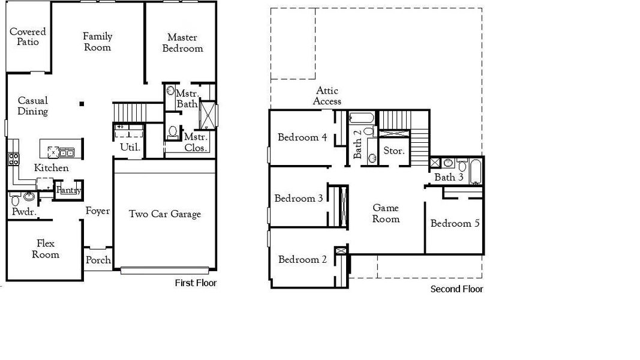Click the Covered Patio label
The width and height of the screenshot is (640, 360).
[x=28, y=37]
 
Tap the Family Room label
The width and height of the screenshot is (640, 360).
[x=97, y=42]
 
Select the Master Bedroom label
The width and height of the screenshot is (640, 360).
[x=182, y=43]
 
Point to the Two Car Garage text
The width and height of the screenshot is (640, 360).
[x=165, y=214]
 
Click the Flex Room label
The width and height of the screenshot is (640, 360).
[x=46, y=249]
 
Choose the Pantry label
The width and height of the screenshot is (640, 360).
[x=68, y=191]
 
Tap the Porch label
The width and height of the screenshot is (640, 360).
[x=98, y=260]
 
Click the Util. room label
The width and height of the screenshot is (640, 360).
[x=130, y=147]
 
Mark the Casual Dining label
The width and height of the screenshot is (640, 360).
[x=32, y=106]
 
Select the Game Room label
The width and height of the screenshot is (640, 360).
[x=386, y=214]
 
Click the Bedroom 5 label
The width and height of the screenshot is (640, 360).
[x=455, y=224]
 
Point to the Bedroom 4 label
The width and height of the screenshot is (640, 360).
[x=302, y=137]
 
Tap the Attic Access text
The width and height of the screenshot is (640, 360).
[x=327, y=96]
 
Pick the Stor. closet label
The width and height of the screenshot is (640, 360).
[x=394, y=151]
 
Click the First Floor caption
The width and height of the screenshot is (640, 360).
[x=196, y=283]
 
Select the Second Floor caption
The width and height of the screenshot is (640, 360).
[x=456, y=289]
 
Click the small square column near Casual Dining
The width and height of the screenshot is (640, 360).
[x=82, y=104]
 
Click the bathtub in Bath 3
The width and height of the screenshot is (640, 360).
[x=476, y=171]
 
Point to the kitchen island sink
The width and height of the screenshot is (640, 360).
[x=66, y=152]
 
